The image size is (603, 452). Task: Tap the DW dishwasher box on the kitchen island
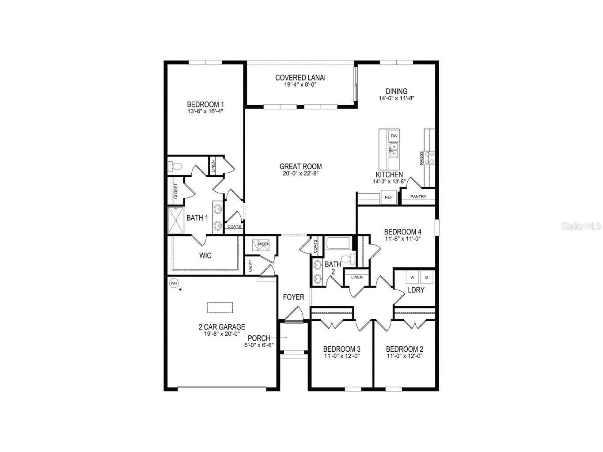point(394,136)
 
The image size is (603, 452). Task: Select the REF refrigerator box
point(388,197)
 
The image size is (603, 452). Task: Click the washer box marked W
point(412,277)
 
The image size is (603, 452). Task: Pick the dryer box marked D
point(427,277)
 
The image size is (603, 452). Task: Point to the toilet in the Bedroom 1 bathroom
point(175,166)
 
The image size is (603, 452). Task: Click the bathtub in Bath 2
point(338,243)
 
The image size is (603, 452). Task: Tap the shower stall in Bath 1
point(175,220)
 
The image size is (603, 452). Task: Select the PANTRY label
point(418,197)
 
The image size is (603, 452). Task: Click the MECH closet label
point(263,244)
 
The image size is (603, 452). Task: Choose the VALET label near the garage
point(250,266)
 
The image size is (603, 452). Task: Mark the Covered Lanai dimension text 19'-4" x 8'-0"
point(300,85)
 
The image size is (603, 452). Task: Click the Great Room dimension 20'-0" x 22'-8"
point(300,173)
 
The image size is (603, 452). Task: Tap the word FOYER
point(293,297)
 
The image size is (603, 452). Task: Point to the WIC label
point(205,255)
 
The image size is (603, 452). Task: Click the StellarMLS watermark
point(581,226)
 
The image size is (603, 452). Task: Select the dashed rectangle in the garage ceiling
point(220,308)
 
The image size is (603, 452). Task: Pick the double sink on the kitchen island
point(394,150)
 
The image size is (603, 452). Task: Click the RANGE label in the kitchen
point(421,158)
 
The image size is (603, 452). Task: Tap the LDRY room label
point(416,290)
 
